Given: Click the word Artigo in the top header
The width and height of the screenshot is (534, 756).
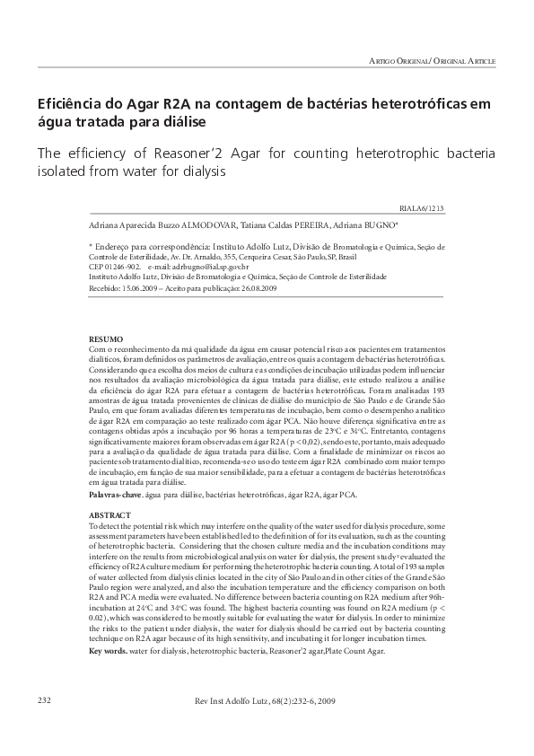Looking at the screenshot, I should tap(384, 60).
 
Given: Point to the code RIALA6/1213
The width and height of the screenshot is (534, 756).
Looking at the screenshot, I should tap(472, 207).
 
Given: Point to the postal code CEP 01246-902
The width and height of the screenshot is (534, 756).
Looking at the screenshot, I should tap(115, 268).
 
